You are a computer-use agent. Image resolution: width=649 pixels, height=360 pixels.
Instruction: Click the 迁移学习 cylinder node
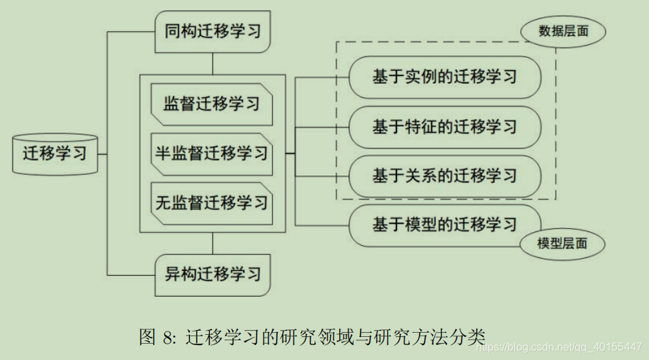click(55, 154)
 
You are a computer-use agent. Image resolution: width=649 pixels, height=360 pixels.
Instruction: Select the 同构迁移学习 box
click(212, 31)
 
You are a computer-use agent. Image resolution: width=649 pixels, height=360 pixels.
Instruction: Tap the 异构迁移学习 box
click(212, 275)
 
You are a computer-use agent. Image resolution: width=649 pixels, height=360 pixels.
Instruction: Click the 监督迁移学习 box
click(212, 104)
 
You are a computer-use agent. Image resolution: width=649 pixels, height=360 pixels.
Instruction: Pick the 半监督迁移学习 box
click(212, 153)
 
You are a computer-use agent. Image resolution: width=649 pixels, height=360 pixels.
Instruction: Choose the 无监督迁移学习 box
click(212, 203)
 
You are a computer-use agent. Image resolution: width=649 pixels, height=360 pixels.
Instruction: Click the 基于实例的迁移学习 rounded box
click(445, 77)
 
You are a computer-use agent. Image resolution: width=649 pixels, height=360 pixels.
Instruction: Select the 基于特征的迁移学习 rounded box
click(445, 127)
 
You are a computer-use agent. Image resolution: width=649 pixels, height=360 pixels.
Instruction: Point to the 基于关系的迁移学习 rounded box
click(445, 176)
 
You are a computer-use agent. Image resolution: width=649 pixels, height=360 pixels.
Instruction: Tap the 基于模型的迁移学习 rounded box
click(445, 225)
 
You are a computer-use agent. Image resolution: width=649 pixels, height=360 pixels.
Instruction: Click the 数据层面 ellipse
click(563, 31)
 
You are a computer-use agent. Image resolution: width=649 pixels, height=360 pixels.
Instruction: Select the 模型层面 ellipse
click(563, 243)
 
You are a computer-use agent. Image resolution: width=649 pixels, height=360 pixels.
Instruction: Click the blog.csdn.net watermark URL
click(558, 346)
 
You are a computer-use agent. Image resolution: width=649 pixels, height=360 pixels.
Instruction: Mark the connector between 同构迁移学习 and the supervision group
click(212, 64)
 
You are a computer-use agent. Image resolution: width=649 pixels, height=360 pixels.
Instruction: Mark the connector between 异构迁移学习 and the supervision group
click(212, 243)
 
